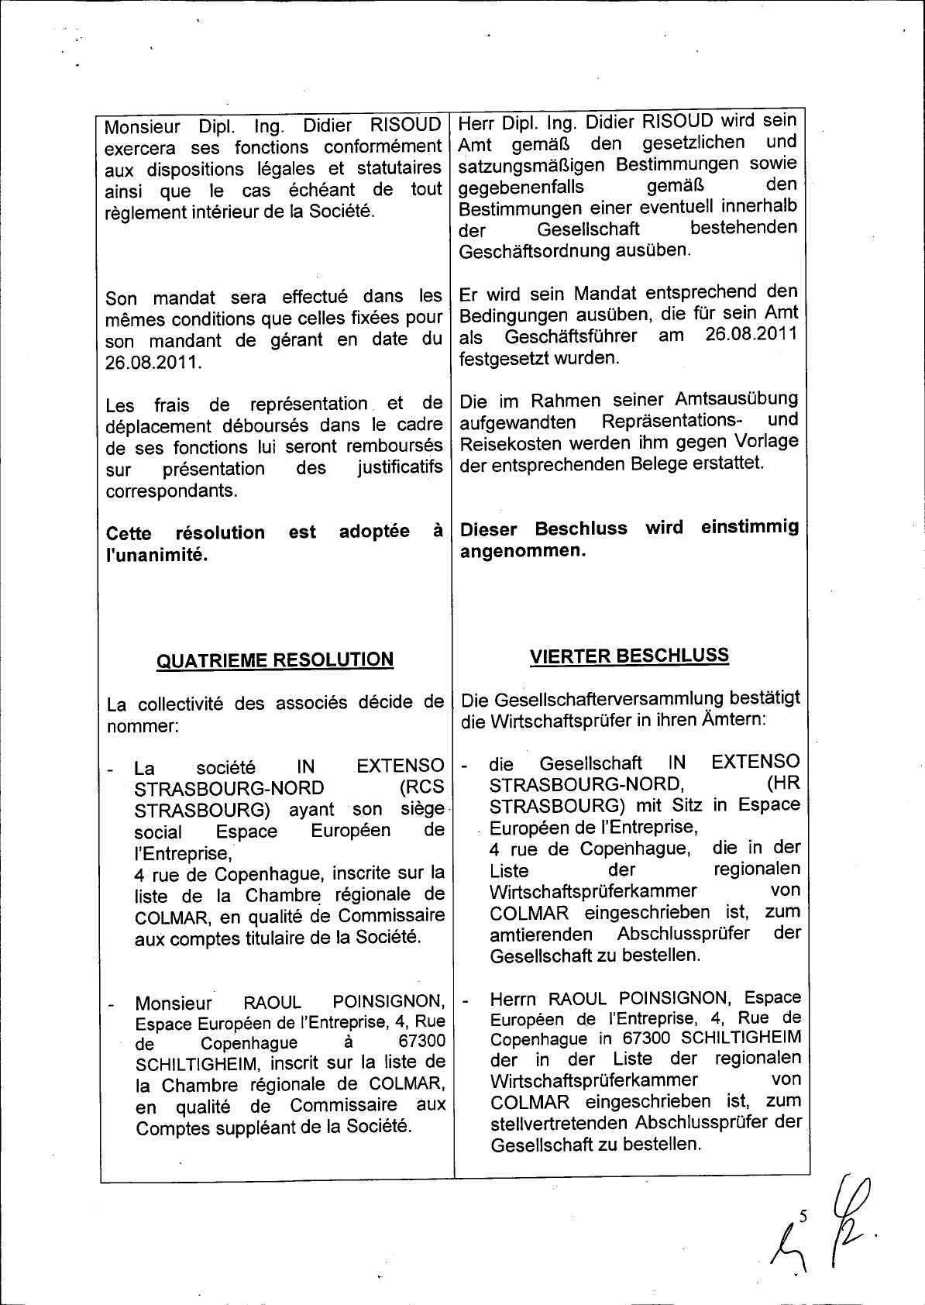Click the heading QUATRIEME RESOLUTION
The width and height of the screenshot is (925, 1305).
[x=275, y=660]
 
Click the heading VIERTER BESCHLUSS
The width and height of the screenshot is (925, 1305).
[x=629, y=656]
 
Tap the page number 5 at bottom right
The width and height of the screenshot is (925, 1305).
[x=803, y=1217]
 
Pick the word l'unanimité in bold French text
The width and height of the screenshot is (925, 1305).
[x=157, y=555]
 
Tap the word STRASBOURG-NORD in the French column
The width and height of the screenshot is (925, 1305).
[x=218, y=789]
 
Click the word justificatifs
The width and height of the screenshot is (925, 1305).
[x=400, y=469]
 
